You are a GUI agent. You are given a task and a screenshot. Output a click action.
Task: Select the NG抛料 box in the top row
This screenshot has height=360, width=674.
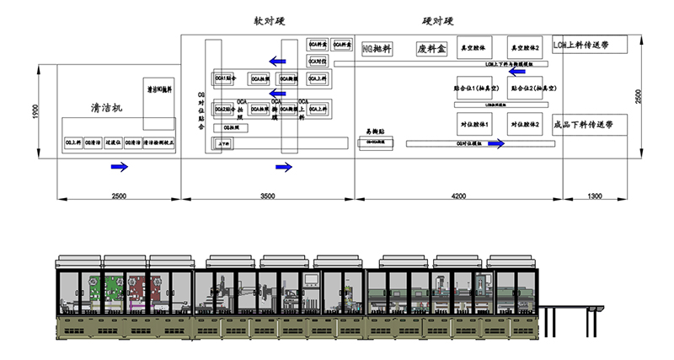pyautogui.click(x=376, y=48)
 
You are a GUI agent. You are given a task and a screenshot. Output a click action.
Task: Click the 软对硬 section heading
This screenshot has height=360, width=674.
pyautogui.click(x=269, y=20)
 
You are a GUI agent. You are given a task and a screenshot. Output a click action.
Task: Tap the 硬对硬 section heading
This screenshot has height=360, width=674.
pyautogui.click(x=438, y=20)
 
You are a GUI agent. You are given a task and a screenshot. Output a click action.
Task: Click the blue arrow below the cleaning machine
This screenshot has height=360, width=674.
pyautogui.click(x=120, y=167)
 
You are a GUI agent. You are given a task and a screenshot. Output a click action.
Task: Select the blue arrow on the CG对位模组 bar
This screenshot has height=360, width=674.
pyautogui.click(x=497, y=144)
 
